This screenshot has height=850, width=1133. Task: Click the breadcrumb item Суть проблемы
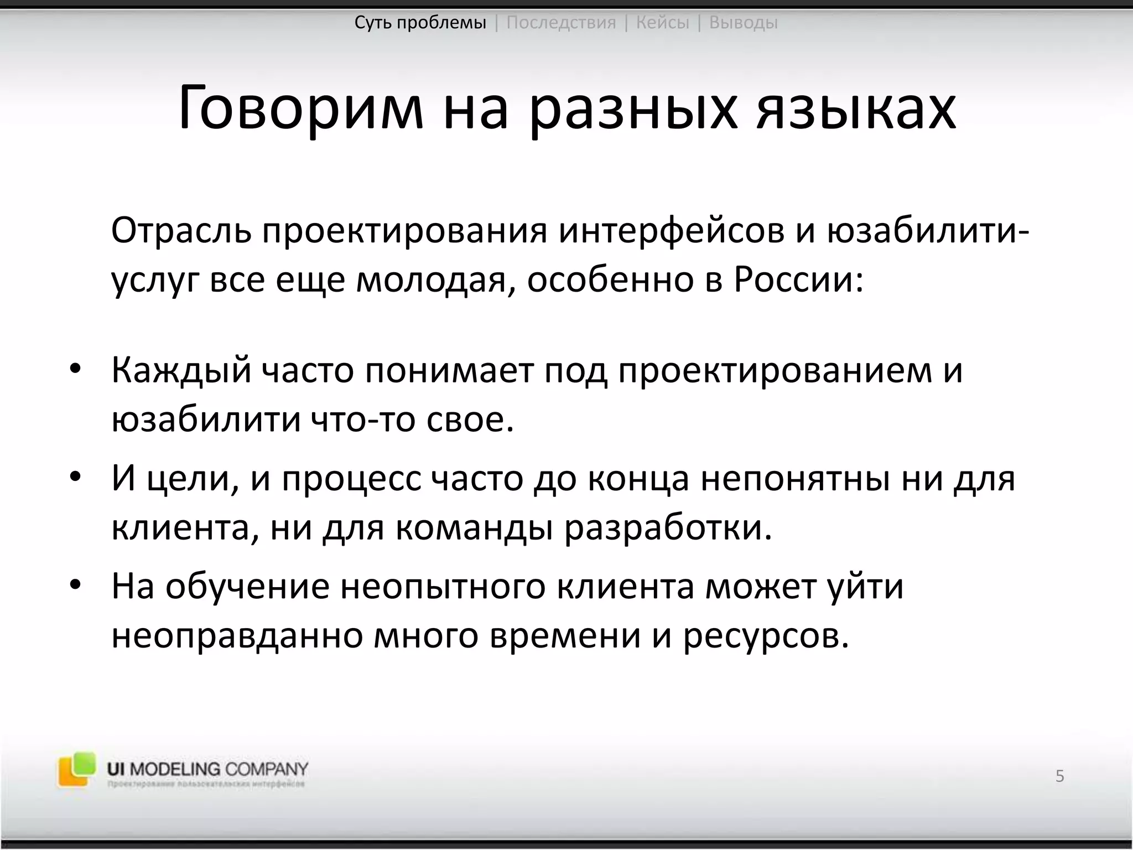tap(420, 23)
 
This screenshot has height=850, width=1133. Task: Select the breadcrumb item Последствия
tap(561, 23)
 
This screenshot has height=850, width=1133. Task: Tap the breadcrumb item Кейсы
tap(663, 23)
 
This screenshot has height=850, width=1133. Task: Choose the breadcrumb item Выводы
tap(743, 23)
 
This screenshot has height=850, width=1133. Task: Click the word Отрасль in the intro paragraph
tap(180, 231)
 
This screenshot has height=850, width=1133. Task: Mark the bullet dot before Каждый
tap(76, 369)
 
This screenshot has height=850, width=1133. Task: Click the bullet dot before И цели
tap(76, 477)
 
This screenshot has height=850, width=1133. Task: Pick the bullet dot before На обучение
tap(76, 585)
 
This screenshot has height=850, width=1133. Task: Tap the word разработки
tap(668, 528)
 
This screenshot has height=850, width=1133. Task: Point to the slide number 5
tap(1059, 776)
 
